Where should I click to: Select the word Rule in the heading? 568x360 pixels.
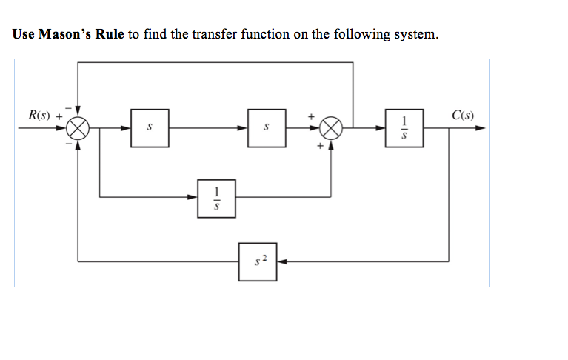click(110, 35)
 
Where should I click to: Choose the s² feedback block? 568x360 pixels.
click(258, 261)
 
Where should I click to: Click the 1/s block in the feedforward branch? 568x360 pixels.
click(216, 198)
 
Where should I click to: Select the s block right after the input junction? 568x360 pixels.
click(150, 127)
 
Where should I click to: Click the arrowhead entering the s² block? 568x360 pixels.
click(282, 261)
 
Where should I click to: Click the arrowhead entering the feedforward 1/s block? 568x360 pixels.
click(193, 198)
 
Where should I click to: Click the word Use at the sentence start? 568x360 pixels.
click(24, 35)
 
